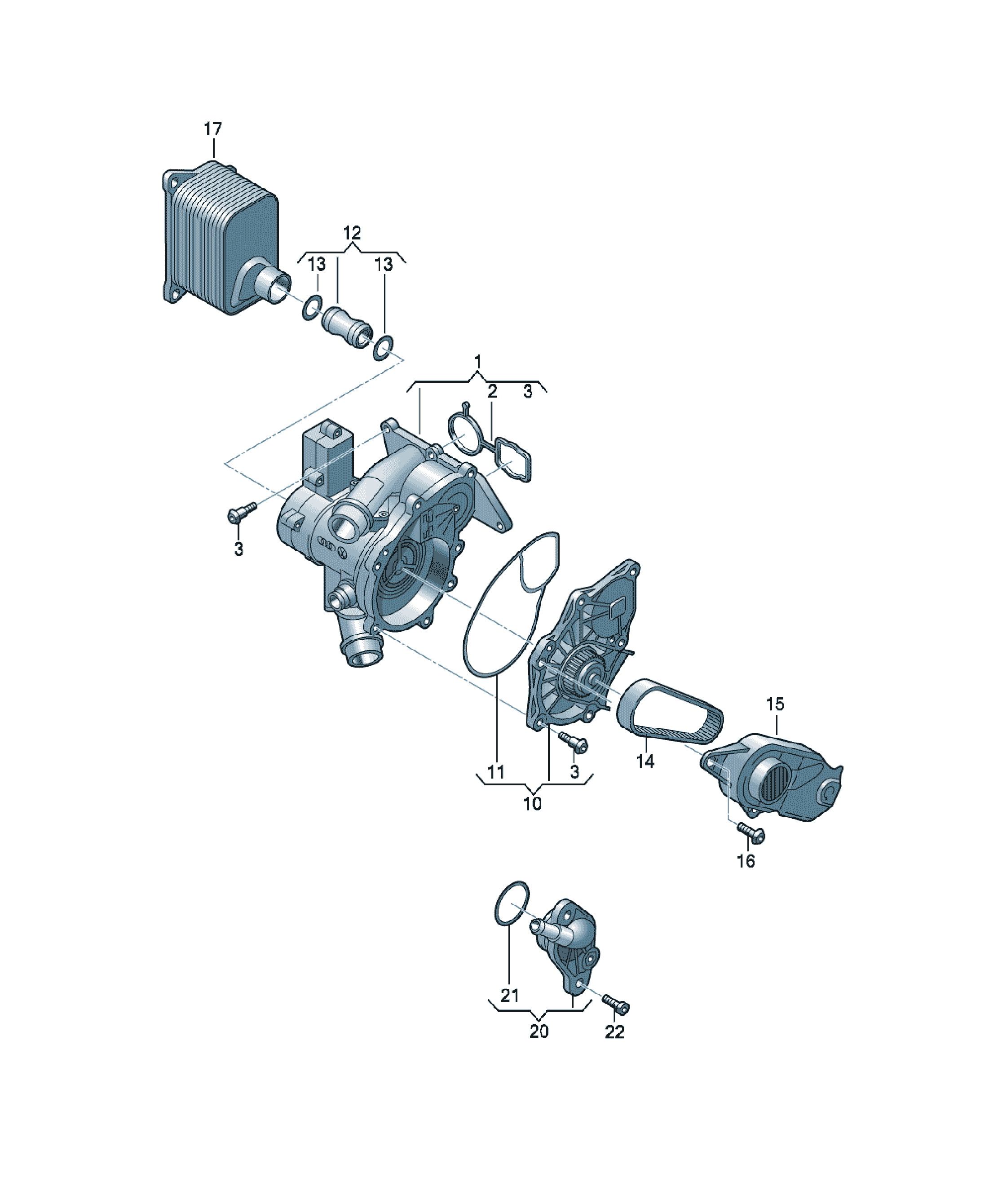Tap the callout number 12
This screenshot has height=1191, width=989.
[352, 233]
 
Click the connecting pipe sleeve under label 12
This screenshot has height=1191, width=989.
[346, 328]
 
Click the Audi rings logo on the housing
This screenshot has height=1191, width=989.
[327, 543]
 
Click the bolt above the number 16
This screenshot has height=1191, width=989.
[750, 832]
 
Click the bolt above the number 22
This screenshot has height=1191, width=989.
[615, 1003]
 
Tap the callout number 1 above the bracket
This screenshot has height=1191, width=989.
[477, 361]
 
